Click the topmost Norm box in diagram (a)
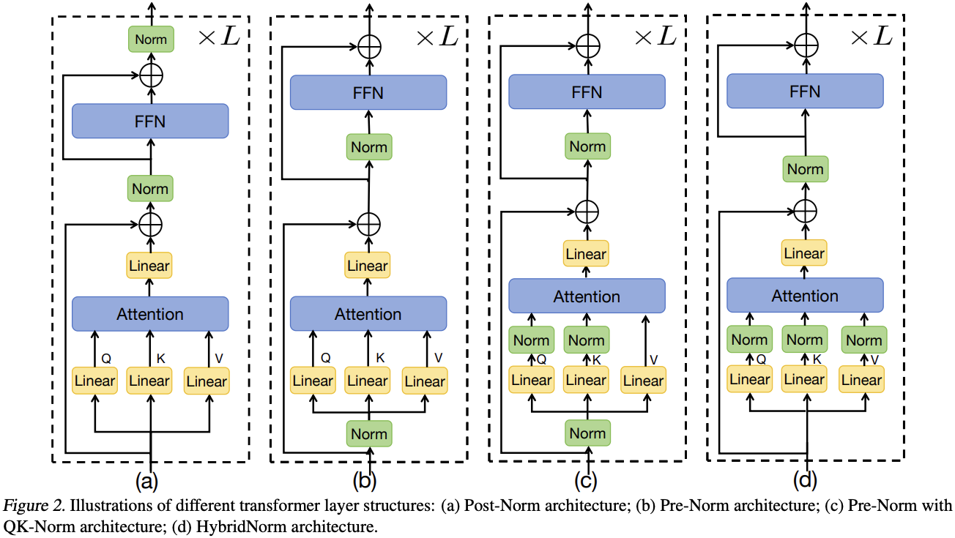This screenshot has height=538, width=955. pyautogui.click(x=149, y=40)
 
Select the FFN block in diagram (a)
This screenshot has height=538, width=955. pyautogui.click(x=150, y=121)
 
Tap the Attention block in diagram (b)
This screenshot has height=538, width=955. pyautogui.click(x=368, y=314)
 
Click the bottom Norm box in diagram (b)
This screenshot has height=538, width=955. pyautogui.click(x=368, y=433)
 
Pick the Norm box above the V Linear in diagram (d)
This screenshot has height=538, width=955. pyautogui.click(x=863, y=340)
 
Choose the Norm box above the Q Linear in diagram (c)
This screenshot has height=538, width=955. pyautogui.click(x=531, y=340)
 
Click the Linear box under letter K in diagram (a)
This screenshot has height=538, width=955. pyautogui.click(x=149, y=381)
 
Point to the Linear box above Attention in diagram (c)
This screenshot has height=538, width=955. pyautogui.click(x=586, y=254)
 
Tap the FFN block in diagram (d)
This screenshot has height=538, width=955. pyautogui.click(x=805, y=92)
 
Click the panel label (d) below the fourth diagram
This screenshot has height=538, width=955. pyautogui.click(x=805, y=481)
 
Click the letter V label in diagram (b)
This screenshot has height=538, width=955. pyautogui.click(x=438, y=357)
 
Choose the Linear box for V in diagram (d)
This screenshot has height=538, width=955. pyautogui.click(x=861, y=380)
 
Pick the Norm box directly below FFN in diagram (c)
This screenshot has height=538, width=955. pyautogui.click(x=587, y=146)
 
